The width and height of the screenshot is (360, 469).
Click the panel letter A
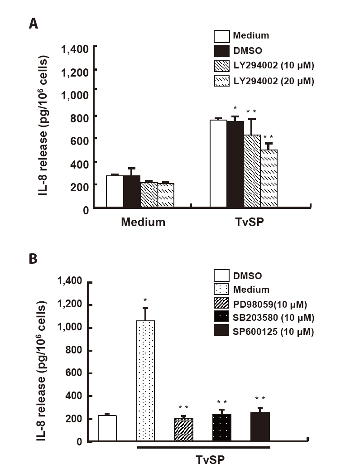[x=33, y=24]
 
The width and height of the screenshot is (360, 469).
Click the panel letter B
[x=33, y=259]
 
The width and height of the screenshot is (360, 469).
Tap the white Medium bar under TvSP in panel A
[x=218, y=163]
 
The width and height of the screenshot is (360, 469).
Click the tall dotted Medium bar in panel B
[x=145, y=381]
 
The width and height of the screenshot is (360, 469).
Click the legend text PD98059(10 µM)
[x=272, y=303]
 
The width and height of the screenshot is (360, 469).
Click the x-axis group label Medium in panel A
[x=143, y=222]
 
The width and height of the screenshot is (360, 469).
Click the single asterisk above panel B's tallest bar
[x=145, y=300]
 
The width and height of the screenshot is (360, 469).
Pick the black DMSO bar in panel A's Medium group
[x=132, y=191]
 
